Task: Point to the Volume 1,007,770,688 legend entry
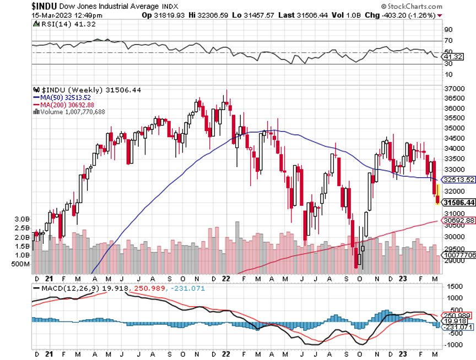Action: coord(73,112)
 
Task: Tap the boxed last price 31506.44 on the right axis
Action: coord(458,203)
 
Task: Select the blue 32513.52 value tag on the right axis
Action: coord(458,179)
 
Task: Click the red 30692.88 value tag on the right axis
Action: coord(458,220)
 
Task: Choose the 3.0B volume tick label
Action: coord(22,219)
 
